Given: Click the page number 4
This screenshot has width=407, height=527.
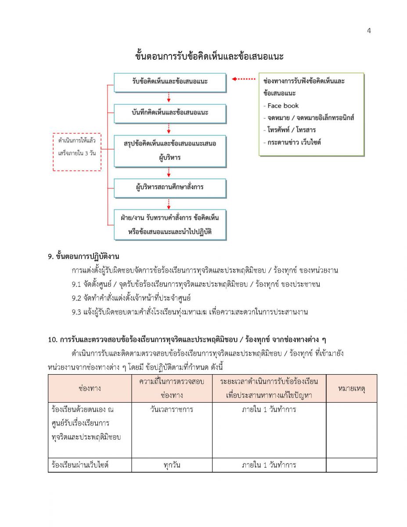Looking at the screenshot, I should tap(369, 30).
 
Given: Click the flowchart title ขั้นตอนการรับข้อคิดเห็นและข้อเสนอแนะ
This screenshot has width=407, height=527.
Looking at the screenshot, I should tap(209, 57).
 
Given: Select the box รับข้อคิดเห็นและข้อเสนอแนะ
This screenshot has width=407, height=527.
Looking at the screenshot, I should tap(169, 82).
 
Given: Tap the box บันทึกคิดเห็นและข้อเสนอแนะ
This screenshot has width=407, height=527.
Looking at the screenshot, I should tap(169, 113).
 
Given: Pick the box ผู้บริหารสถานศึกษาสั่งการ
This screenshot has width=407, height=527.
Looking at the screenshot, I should tap(169, 188).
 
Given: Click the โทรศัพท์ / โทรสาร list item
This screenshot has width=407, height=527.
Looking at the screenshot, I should tap(290, 130).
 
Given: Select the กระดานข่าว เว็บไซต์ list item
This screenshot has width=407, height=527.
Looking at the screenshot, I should tap(292, 142).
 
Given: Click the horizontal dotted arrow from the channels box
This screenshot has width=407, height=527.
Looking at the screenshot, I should tap(244, 79).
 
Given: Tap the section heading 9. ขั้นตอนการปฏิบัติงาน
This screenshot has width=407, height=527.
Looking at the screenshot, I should tap(84, 256).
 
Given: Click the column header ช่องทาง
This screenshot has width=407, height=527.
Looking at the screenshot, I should tap(90, 389).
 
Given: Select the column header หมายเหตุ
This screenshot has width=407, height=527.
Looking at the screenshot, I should tap(351, 389).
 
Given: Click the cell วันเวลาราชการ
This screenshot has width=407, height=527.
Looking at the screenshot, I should tap(172, 410).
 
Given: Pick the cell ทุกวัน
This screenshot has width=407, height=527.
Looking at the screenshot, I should tap(172, 465).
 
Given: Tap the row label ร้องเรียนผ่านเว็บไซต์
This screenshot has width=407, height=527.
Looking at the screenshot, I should tap(80, 465).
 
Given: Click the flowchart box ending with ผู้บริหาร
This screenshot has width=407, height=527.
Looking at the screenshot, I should tap(169, 150).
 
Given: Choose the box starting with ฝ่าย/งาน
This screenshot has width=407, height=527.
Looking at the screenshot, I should tap(169, 225).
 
